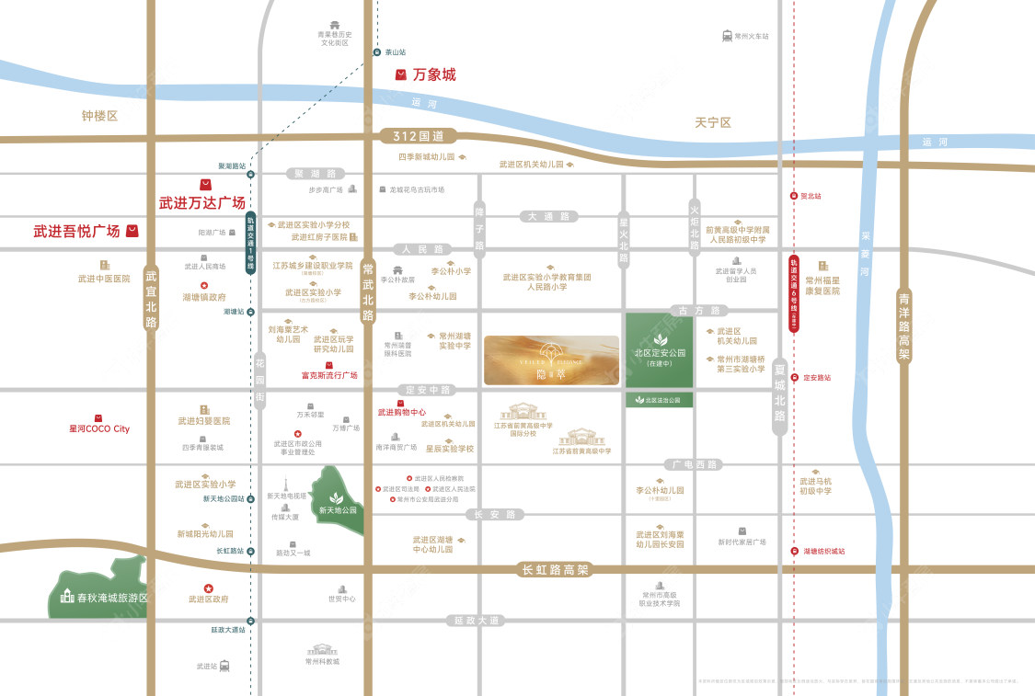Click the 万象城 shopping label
click(x=433, y=74)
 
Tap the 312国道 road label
click(x=418, y=136)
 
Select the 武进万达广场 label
click(x=202, y=202)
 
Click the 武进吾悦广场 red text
click(x=77, y=231)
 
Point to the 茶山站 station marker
click(x=376, y=52)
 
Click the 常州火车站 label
click(x=751, y=36)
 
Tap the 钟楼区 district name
click(x=100, y=116)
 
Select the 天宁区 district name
click(x=712, y=122)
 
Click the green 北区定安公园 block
click(x=660, y=351)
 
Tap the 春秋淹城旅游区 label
click(x=105, y=598)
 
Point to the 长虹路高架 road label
click(x=555, y=570)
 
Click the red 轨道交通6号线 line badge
click(x=793, y=293)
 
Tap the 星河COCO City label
click(x=99, y=428)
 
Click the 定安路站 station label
click(x=816, y=377)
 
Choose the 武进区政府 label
click(x=208, y=599)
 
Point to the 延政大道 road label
click(x=476, y=621)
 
